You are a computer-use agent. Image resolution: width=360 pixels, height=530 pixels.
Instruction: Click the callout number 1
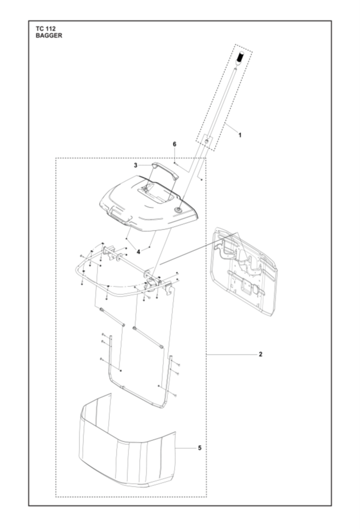point(240,135)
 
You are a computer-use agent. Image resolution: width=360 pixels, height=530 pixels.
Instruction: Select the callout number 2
point(260,354)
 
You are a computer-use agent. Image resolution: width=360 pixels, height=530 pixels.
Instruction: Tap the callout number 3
point(135,165)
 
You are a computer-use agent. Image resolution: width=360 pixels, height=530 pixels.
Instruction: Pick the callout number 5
point(199,448)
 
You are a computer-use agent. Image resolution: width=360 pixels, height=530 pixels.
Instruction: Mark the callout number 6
point(175,144)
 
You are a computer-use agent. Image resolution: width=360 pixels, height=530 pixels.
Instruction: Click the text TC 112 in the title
point(46,29)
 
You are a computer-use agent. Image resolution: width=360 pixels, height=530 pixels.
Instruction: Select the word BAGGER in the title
point(49,35)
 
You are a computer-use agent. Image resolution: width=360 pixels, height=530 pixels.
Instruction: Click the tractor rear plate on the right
point(244,271)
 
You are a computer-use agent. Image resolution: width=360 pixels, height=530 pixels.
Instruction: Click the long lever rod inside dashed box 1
point(220,103)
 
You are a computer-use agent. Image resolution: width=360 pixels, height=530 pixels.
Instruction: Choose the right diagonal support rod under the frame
point(148,337)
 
